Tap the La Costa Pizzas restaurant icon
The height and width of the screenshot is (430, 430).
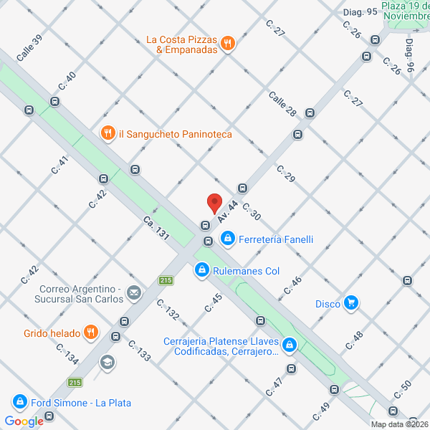click(x=227, y=43)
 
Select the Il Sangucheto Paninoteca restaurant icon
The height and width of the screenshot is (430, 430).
click(x=107, y=133)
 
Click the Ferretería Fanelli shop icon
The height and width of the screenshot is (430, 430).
click(x=227, y=239)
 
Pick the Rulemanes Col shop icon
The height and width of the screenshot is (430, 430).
click(x=202, y=270)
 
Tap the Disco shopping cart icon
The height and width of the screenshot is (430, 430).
click(x=350, y=303)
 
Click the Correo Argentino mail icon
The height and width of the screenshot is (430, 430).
click(x=133, y=292)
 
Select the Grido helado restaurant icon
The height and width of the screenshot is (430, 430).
click(x=90, y=332)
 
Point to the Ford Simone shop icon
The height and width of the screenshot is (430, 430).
click(x=19, y=402)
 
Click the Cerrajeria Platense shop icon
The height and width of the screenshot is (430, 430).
click(x=290, y=345)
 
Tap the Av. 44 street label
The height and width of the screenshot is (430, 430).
click(x=228, y=210)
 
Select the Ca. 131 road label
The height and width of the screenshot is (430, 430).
click(x=155, y=228)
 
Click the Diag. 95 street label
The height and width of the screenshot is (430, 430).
click(x=360, y=11)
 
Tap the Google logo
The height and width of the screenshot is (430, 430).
click(x=24, y=421)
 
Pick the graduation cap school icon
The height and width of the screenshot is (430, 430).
click(x=107, y=363)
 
